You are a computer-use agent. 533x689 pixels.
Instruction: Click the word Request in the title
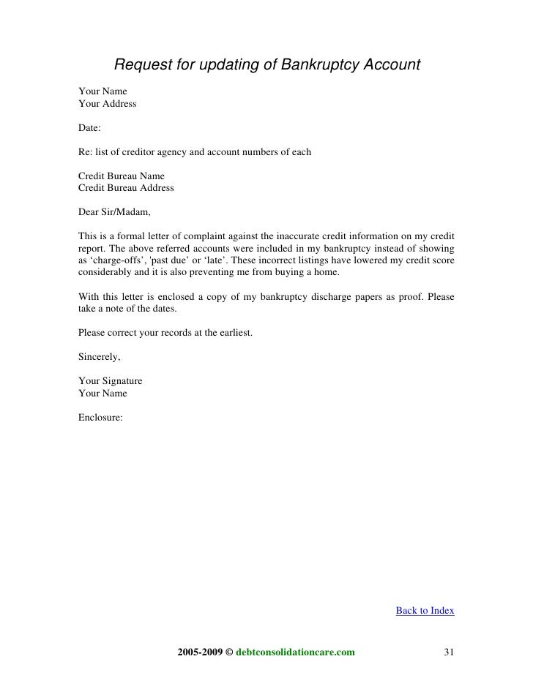(143, 65)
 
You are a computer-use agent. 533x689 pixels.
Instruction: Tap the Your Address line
(107, 104)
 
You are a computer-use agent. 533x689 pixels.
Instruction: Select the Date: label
(90, 128)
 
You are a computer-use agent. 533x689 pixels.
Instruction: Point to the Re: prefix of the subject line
(85, 152)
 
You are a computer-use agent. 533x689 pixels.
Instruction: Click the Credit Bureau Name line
(121, 176)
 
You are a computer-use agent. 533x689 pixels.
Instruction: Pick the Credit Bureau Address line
(125, 188)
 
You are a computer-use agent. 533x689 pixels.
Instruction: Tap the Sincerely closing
(99, 357)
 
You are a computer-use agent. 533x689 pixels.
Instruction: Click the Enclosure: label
(100, 417)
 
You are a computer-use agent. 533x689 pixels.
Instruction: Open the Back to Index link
(425, 610)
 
